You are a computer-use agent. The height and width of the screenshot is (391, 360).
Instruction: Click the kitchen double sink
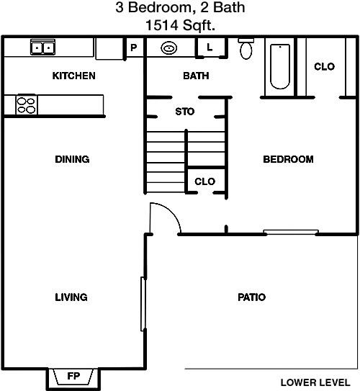(x=42, y=47)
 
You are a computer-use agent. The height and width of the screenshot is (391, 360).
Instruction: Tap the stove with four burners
(x=26, y=105)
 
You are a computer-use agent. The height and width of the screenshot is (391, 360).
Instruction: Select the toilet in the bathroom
(x=246, y=49)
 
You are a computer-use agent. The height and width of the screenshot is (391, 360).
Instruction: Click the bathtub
(x=280, y=66)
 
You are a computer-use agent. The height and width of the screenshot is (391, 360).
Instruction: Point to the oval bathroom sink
(x=169, y=48)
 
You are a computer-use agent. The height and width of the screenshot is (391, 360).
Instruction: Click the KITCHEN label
(x=73, y=76)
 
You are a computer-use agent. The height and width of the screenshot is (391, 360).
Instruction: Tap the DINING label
(x=72, y=159)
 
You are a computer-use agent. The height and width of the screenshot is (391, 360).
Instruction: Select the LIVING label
(x=71, y=297)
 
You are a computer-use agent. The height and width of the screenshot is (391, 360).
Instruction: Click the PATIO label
(x=251, y=297)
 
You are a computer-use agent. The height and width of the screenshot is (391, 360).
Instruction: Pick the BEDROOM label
(x=289, y=159)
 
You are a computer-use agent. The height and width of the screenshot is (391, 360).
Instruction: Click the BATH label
(x=196, y=76)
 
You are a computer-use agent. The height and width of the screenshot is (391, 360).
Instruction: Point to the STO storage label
(x=185, y=112)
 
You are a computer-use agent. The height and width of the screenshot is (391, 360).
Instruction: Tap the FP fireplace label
(x=73, y=376)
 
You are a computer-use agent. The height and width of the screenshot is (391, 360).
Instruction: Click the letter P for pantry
(x=134, y=48)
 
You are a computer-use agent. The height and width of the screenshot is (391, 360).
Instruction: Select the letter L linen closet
(x=210, y=47)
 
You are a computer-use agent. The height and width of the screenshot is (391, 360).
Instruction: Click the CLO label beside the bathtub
(x=324, y=66)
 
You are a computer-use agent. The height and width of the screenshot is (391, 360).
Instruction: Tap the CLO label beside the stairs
(x=204, y=181)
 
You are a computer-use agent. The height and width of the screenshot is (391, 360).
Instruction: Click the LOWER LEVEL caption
(x=315, y=382)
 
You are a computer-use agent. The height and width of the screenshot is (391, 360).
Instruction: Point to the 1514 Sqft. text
(x=180, y=25)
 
